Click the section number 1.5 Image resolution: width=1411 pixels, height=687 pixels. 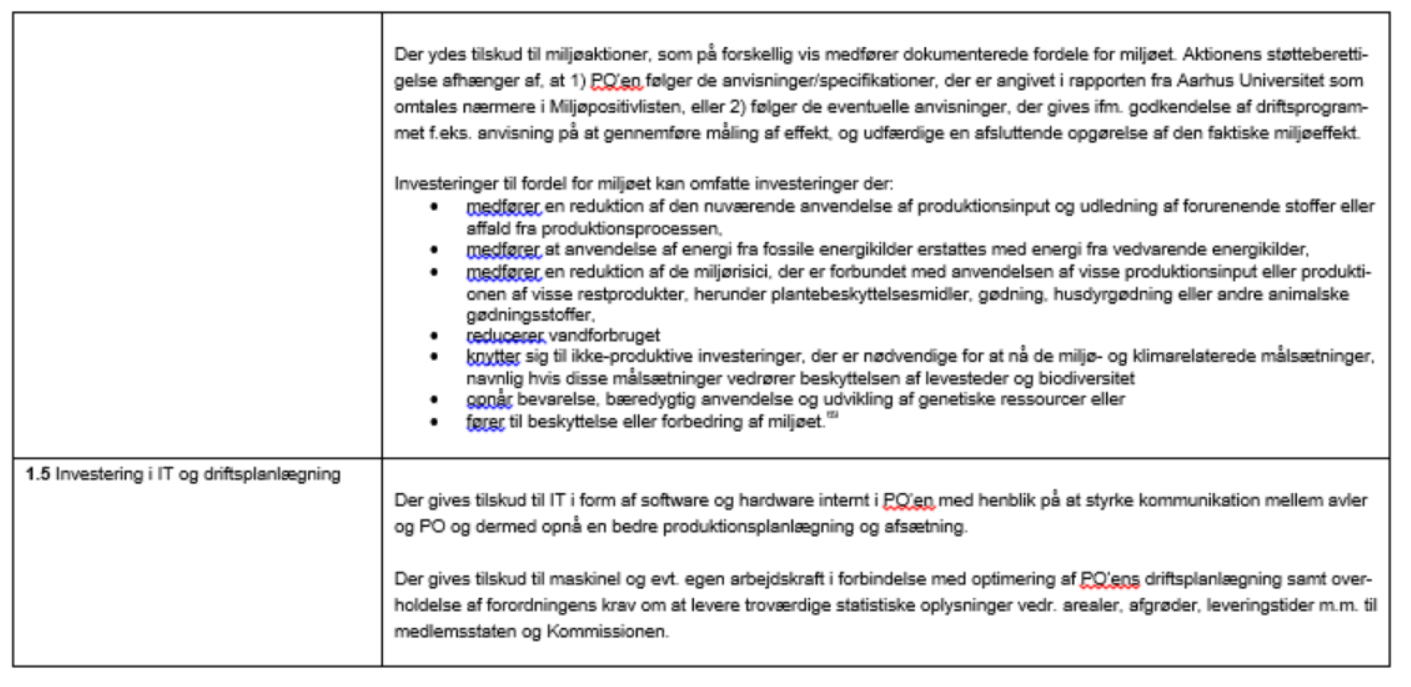coord(37,475)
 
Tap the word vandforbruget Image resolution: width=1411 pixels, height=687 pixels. coord(604,336)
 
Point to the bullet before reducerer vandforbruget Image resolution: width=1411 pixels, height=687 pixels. coord(434,336)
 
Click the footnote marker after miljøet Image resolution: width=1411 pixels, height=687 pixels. coord(833,417)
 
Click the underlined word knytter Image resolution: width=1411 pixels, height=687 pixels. coord(492,357)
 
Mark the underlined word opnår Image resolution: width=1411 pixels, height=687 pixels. coord(489,400)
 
